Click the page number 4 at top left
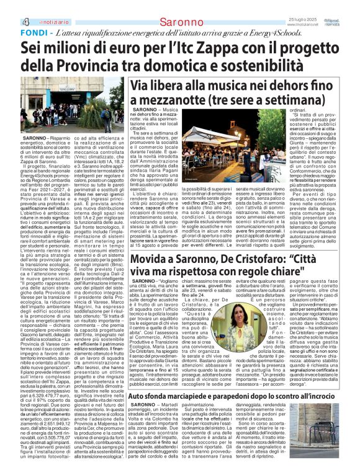(9, 7)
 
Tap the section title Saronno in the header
(181, 7)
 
